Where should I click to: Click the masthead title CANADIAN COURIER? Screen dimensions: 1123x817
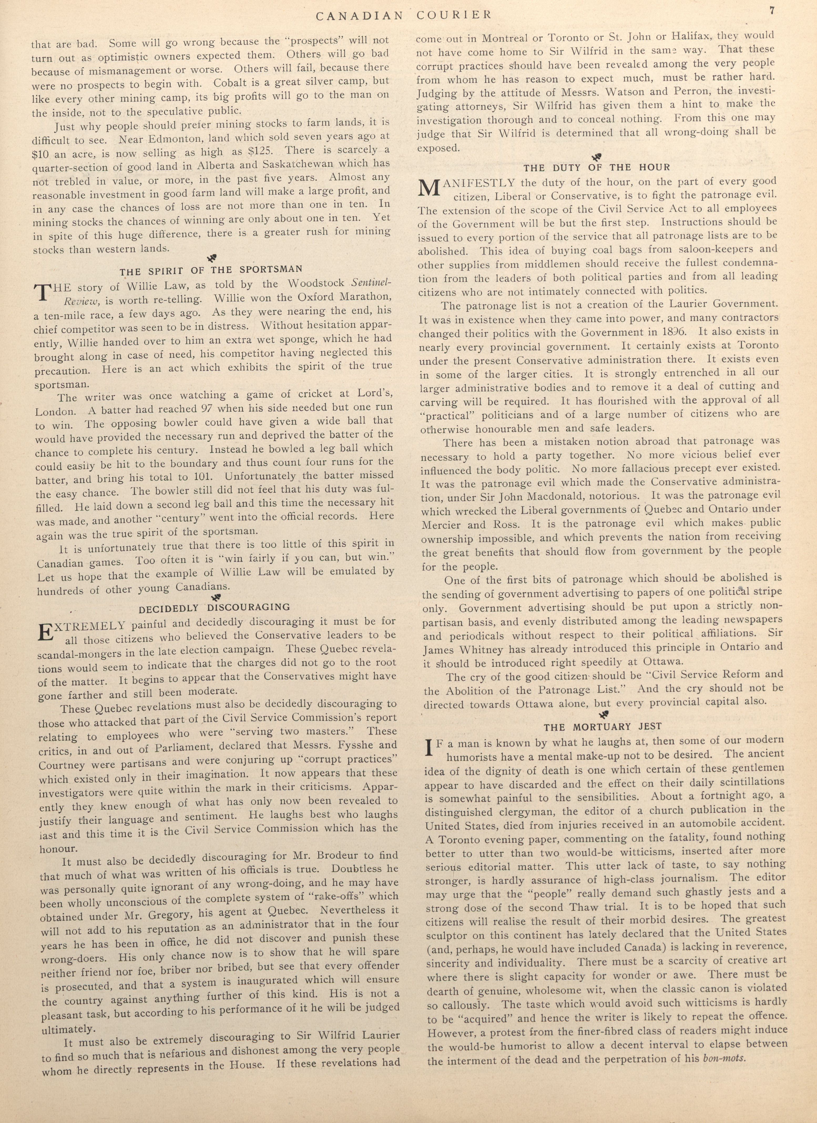(403, 15)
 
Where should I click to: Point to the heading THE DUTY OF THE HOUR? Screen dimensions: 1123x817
(597, 167)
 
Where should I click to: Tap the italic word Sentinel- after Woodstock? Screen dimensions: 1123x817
(370, 282)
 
